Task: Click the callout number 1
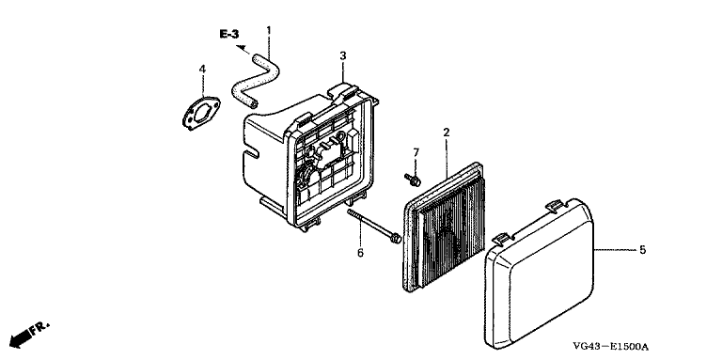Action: [x=269, y=30]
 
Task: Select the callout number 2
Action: [x=446, y=133]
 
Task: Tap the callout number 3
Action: [x=342, y=55]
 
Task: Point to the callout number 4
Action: [x=202, y=69]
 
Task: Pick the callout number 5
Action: [x=642, y=250]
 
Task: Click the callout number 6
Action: [x=360, y=253]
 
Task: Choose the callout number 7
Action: [x=416, y=152]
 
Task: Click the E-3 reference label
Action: [x=228, y=34]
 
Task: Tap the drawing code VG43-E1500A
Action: [x=610, y=347]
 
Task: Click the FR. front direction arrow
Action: [x=28, y=335]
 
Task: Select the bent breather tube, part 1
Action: [x=256, y=80]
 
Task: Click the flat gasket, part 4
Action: [x=201, y=113]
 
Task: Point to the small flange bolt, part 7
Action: [x=412, y=180]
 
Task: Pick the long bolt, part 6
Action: [x=374, y=226]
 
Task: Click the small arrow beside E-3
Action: [x=243, y=49]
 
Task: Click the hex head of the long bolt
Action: [x=396, y=239]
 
